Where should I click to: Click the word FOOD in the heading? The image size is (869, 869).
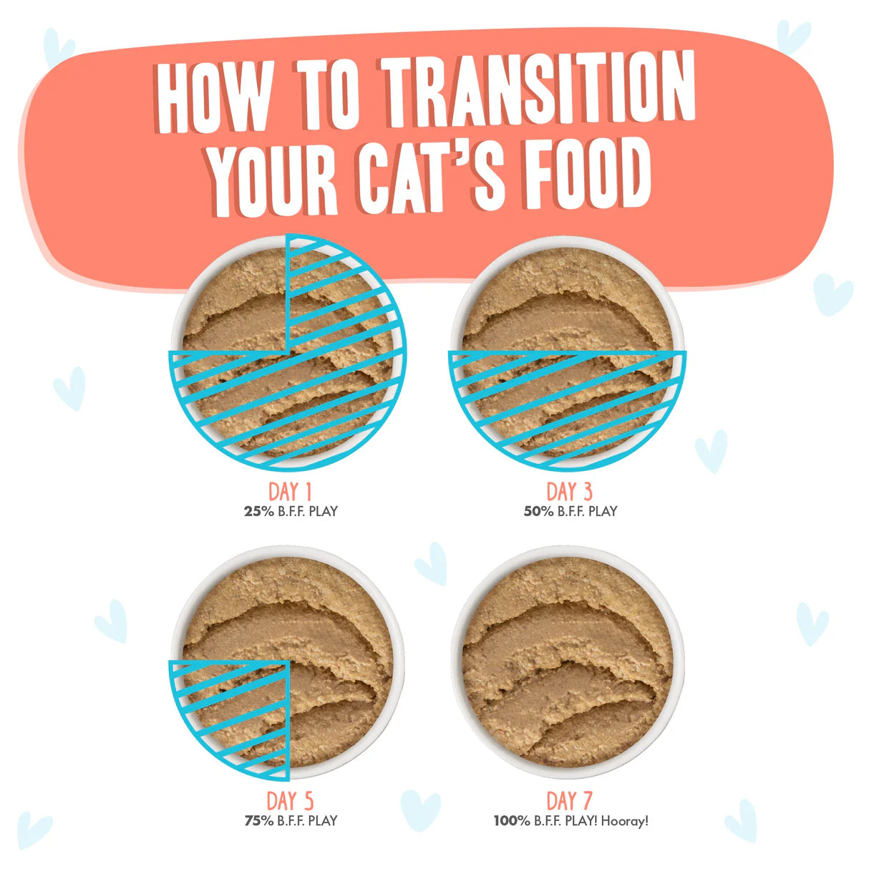(x=586, y=174)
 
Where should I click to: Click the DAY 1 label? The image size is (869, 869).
(x=290, y=492)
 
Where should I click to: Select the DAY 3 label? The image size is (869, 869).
(x=570, y=492)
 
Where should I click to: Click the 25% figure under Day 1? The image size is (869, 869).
(x=259, y=511)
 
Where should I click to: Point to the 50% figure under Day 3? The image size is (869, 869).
(x=538, y=511)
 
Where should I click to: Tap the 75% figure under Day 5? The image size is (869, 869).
(x=259, y=821)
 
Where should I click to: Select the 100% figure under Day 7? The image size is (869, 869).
(x=512, y=821)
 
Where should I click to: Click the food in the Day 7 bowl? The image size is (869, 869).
(x=568, y=662)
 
